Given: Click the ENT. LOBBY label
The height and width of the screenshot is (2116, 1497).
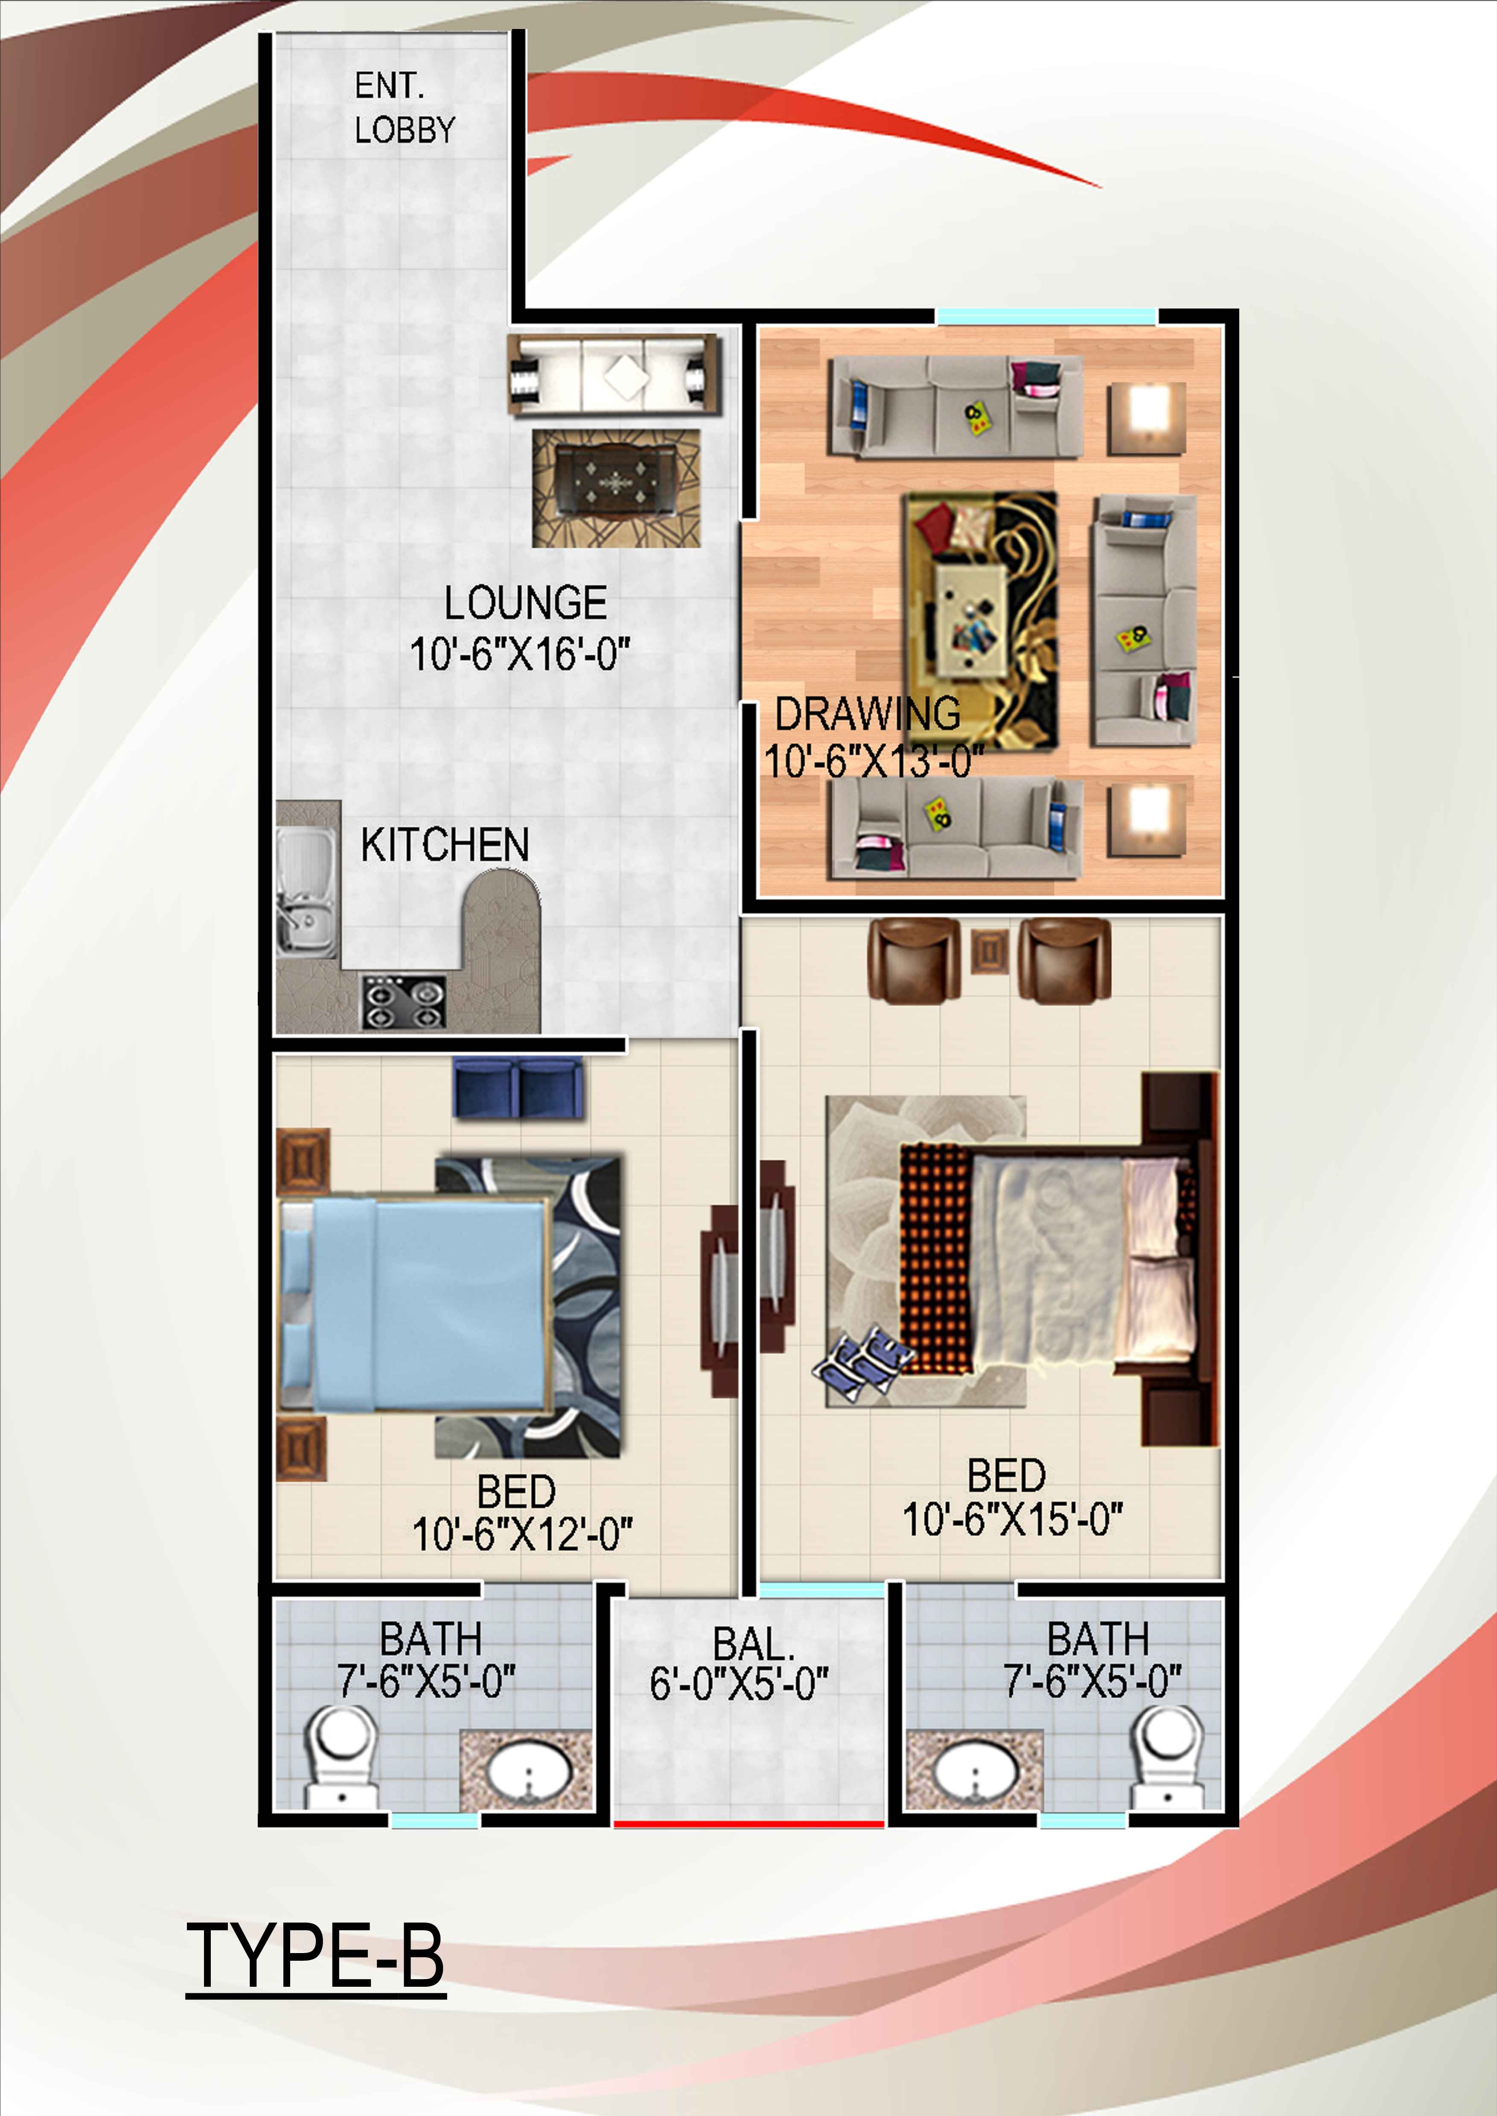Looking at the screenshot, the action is [405, 108].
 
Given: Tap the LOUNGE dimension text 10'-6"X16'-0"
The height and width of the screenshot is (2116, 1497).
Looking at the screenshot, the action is [520, 654].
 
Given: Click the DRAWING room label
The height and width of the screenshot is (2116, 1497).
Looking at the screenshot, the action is [868, 713].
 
